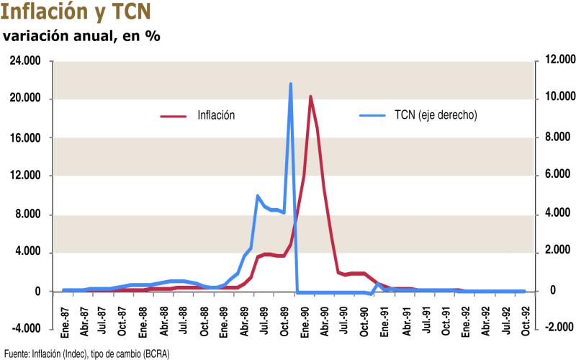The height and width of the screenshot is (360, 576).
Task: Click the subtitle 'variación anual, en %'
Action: click(82, 36)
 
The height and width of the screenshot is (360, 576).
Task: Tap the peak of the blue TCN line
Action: click(291, 84)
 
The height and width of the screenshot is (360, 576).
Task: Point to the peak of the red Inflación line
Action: click(310, 96)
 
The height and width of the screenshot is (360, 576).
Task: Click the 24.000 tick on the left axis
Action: click(27, 61)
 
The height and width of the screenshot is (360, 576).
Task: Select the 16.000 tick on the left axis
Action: click(27, 138)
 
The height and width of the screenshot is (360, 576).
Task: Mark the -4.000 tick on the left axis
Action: click(27, 330)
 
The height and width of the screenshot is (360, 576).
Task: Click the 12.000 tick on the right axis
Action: click(555, 61)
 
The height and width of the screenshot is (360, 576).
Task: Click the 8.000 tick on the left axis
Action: click(30, 215)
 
